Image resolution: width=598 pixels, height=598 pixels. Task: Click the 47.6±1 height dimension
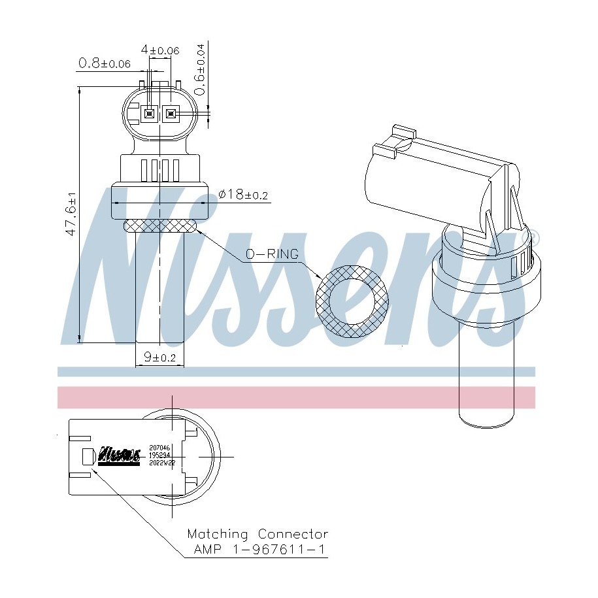tap(71, 214)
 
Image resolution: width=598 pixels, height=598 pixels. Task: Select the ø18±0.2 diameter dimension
tap(244, 194)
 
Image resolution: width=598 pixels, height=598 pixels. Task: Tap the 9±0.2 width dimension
tap(159, 357)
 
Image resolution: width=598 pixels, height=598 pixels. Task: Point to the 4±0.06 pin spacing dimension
tap(160, 50)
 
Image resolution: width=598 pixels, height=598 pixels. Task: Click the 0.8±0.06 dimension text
tap(104, 63)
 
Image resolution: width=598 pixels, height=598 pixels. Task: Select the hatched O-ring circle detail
tap(352, 301)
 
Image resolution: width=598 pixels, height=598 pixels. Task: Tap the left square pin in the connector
tap(150, 115)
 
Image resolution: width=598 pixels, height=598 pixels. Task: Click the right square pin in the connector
tap(171, 115)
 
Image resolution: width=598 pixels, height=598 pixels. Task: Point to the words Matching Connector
tap(257, 535)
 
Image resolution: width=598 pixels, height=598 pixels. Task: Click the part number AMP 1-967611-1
tap(259, 550)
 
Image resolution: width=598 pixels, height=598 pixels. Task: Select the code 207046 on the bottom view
tap(159, 447)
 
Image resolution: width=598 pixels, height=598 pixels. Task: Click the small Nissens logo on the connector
tap(119, 455)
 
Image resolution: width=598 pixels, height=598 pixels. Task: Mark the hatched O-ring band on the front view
tap(160, 225)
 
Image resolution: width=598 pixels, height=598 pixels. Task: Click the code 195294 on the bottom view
tap(159, 454)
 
